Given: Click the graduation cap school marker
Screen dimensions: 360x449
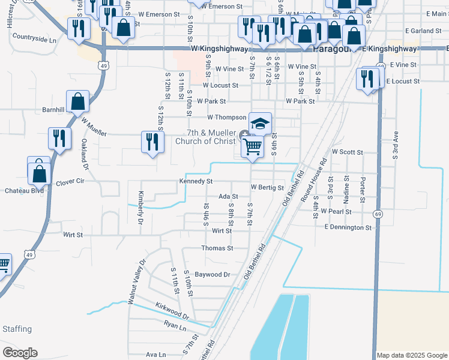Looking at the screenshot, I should (x=260, y=124).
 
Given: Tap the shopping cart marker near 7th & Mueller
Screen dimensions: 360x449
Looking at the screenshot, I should (x=253, y=145).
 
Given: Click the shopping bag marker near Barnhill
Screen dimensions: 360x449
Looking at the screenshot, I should (x=78, y=101).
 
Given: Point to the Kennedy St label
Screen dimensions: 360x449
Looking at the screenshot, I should (x=196, y=181).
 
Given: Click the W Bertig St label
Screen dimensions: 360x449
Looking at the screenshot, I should (x=267, y=188).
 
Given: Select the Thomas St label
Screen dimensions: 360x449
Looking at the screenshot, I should (x=217, y=248).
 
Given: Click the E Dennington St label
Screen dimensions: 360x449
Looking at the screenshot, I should (x=348, y=227).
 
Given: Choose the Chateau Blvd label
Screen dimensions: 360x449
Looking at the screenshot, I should (x=16, y=190).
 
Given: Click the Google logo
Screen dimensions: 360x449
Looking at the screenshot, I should (x=20, y=352).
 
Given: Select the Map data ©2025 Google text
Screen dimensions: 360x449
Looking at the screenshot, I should (x=411, y=355).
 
